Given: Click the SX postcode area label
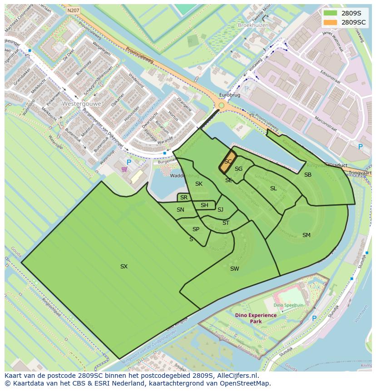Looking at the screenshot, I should coord(124,267).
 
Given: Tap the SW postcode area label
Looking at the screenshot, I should coord(234,269).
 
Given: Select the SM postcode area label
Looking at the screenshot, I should coord(307,235).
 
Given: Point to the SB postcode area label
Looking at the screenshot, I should coord(308,175).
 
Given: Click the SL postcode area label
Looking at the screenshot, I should coord(273,188).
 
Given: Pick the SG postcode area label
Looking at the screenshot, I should coord(238,169).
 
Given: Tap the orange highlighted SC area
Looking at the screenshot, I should coord(228,162).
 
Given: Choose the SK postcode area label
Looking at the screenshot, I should coord(199,184).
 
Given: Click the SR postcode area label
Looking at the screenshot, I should coord(184,198).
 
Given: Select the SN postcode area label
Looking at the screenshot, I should coord(180,210).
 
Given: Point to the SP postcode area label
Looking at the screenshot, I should coord(196,229).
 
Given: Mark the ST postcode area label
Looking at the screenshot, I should coord(226,223).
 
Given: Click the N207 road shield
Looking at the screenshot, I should coord(72,10).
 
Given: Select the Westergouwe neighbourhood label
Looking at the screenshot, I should coord(81,104).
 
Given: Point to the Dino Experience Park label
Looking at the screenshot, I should coord(256,318).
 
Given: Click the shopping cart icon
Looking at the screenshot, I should coord(124,170).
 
